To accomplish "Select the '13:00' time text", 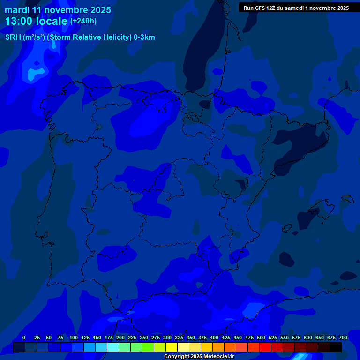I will point(19,21).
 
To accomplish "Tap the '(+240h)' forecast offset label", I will point(83,21).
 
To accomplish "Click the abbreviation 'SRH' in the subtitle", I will point(13,37).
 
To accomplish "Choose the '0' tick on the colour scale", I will point(24,337).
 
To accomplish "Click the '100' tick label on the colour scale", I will point(74,337).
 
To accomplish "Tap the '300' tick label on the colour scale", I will point(167,337).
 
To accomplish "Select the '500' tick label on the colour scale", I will point(261,337).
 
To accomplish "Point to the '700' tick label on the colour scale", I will point(343,337).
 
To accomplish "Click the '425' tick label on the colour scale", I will point(226,337).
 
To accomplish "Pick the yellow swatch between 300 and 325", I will point(172,347).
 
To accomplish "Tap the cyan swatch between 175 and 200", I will point(113,347).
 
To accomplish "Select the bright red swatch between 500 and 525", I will point(265,347).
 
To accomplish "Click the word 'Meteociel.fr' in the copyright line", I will point(218,357).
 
